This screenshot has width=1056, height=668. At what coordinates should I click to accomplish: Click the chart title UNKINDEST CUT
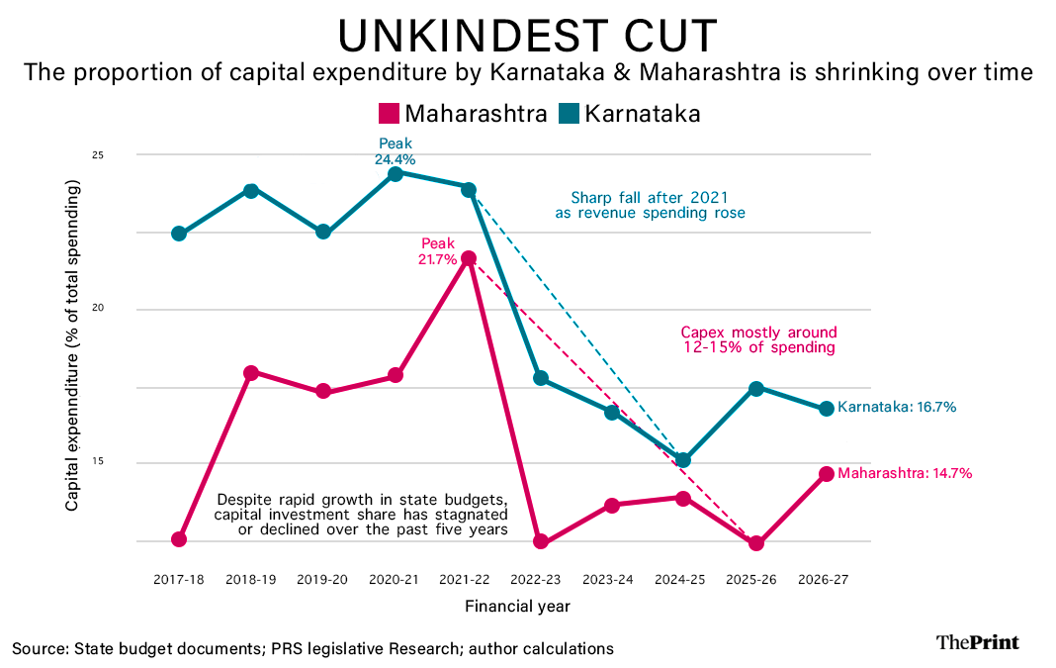point(527,37)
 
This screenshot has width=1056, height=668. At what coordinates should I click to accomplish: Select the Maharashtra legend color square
point(389,113)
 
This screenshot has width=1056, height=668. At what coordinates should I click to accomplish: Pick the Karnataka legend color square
point(569,113)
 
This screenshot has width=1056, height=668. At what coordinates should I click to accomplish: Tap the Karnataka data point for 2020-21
point(396,173)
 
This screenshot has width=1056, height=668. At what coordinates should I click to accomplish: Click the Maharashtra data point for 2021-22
point(469,258)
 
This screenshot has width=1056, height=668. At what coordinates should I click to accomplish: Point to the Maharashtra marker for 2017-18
point(179,539)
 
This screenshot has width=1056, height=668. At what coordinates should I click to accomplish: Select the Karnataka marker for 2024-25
point(683,460)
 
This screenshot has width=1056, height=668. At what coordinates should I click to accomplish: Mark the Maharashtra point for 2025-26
point(756,543)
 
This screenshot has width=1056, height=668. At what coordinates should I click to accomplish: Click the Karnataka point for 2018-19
point(251,190)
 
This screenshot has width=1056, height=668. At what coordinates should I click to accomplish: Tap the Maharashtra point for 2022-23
point(540,541)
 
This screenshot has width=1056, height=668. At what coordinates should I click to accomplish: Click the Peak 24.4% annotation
point(396,151)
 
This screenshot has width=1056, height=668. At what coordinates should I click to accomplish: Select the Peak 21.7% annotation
point(437,251)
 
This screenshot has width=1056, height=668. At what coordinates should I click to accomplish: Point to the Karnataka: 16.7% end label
point(896,407)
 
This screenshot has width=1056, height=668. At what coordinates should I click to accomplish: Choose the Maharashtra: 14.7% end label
point(905,473)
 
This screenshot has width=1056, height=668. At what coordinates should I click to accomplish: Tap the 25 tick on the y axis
point(127,155)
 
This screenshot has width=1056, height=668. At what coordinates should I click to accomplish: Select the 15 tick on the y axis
point(127,463)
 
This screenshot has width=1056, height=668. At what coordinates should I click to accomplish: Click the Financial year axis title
point(517,605)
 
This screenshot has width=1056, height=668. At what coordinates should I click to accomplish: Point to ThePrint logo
point(977,642)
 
